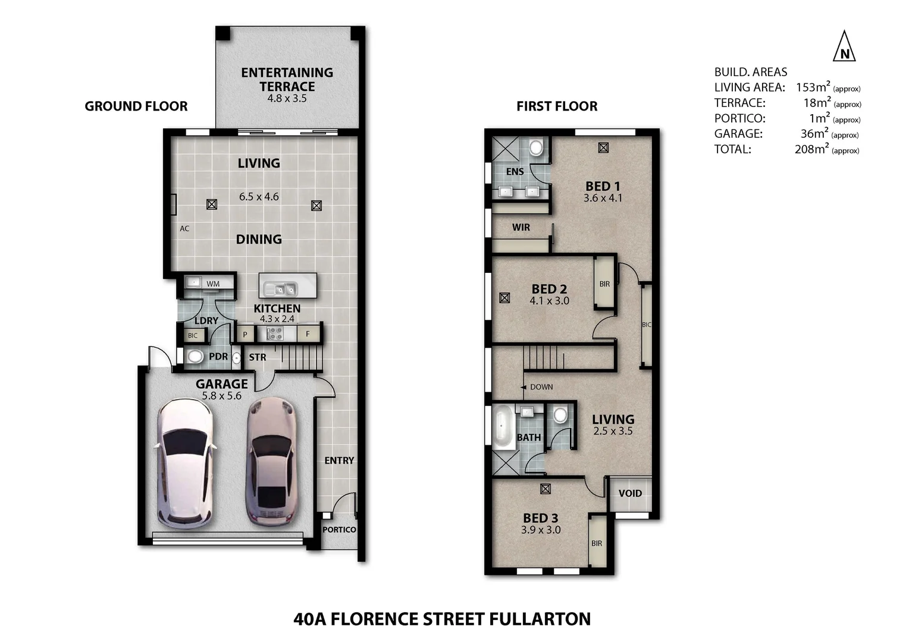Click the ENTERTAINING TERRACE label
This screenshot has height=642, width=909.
point(287,80)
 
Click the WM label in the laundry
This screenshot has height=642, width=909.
point(213,284)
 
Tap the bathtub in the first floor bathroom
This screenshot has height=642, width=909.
point(503,427)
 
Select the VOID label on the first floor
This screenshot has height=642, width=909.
point(630,493)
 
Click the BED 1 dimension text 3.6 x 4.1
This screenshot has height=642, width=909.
point(603,199)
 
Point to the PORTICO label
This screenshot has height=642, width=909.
point(339,530)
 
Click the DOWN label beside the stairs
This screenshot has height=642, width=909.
point(541,387)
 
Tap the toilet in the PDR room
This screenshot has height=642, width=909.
point(195,357)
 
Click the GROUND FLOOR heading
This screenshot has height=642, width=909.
point(136,106)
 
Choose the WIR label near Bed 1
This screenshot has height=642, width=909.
point(521,228)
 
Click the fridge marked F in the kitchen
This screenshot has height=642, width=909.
point(308,334)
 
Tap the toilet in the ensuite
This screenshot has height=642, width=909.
point(536,147)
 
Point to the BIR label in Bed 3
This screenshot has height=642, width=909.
point(597,543)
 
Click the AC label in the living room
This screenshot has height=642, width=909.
point(184,229)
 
